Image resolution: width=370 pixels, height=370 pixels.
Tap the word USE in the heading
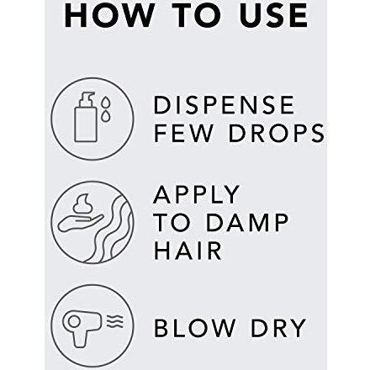point(273,16)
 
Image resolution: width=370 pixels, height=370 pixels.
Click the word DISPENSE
point(224,105)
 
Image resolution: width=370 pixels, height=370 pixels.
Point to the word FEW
point(183,133)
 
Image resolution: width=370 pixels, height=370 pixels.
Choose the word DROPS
point(277,133)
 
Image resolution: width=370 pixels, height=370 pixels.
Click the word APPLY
point(196,194)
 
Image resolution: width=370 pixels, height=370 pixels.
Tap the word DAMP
point(246,222)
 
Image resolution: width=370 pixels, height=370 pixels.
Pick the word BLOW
point(194,328)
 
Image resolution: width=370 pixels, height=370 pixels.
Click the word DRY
point(278,328)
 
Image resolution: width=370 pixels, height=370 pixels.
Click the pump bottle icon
point(86,117)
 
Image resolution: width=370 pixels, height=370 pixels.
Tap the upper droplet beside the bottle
point(106,102)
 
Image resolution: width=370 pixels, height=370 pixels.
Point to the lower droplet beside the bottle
point(105,116)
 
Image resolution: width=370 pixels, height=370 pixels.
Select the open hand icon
point(80,223)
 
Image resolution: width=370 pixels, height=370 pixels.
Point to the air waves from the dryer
point(115,321)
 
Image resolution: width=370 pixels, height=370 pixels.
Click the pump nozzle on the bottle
point(86,97)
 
